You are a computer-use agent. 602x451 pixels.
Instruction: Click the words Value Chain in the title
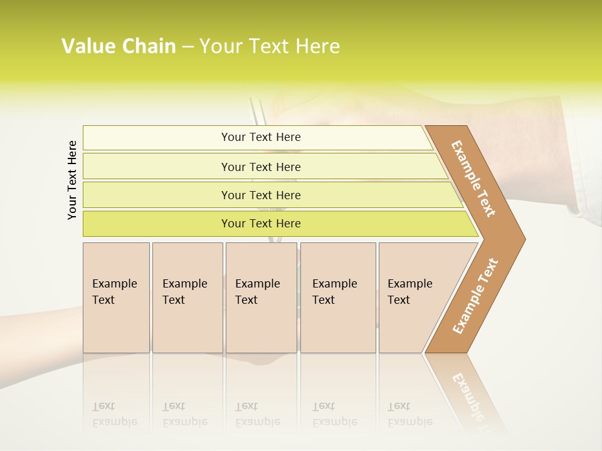point(119,46)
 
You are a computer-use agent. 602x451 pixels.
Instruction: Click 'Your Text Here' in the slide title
point(270,46)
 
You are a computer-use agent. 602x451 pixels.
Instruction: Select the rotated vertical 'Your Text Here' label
point(72,180)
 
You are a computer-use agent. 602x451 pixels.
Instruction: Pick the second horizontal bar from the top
point(260,167)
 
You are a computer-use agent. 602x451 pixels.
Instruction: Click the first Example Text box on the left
point(116,297)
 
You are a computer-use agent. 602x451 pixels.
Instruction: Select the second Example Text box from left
point(187,297)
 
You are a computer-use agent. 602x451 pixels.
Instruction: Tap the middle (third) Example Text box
point(261,297)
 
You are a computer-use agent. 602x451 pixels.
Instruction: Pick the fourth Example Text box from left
point(337,297)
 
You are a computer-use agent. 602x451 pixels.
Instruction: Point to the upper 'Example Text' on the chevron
point(474,179)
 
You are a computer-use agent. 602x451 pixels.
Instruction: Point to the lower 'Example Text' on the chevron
point(475,296)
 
